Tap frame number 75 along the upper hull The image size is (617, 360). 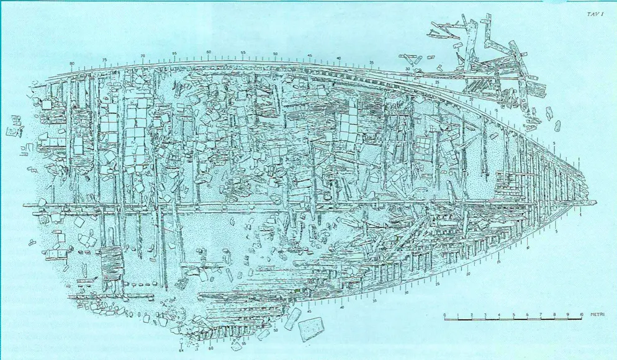click(105, 60)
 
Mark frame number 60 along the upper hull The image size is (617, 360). click(209, 52)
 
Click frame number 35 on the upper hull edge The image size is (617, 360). click(371, 63)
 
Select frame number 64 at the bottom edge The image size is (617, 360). click(181, 351)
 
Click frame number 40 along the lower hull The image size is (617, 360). click(343, 307)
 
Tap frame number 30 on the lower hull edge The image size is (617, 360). click(407, 292)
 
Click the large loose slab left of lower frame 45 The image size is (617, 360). click(310, 327)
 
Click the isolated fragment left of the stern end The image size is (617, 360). click(11, 132)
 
